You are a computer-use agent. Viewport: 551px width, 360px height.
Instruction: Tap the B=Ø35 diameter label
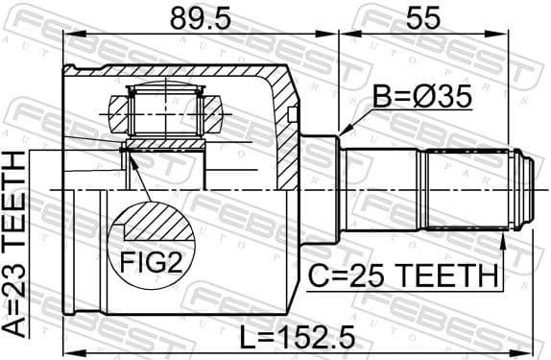pos(419,97)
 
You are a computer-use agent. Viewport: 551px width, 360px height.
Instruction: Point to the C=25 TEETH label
pos(403,276)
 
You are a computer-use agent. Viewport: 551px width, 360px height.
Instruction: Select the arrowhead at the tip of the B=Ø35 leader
pos(342,134)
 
